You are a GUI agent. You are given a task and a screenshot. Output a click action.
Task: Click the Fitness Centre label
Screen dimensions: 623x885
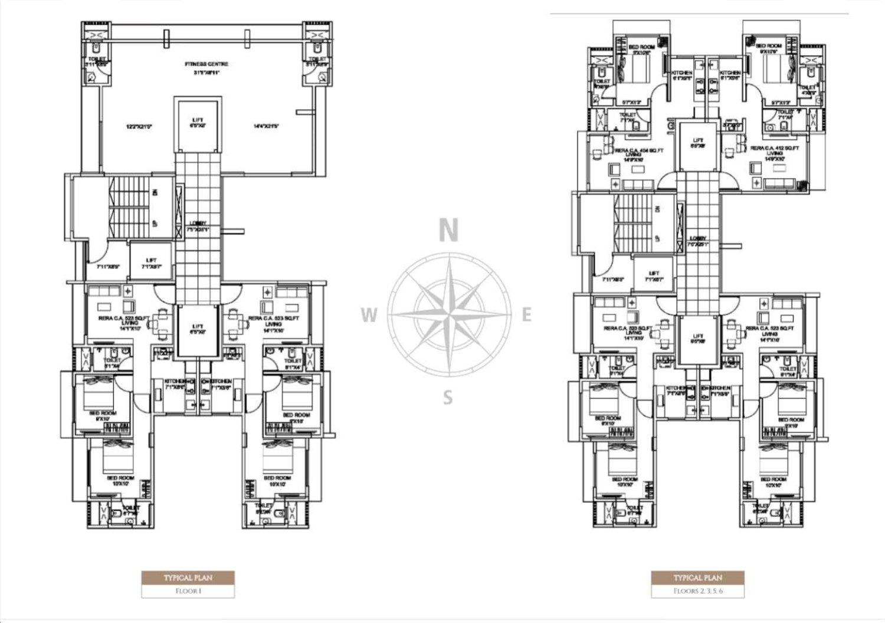tap(206, 64)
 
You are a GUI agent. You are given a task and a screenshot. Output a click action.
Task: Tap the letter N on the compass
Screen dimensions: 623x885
tap(448, 231)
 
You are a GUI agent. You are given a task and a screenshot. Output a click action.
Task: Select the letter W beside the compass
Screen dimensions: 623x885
tap(369, 315)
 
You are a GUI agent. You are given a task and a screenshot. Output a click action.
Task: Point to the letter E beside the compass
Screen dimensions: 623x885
tap(527, 315)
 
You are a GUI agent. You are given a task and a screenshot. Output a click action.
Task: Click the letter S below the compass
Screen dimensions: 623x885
tap(448, 398)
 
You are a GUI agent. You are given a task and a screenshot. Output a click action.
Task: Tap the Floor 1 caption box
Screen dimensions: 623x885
tap(188, 591)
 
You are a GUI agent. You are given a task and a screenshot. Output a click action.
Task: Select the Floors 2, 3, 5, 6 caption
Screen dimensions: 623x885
tap(697, 591)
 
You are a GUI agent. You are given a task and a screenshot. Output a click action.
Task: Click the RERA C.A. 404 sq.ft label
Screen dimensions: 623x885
tap(639, 151)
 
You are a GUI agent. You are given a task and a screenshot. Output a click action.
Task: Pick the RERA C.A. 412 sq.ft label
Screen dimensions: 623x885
tap(775, 149)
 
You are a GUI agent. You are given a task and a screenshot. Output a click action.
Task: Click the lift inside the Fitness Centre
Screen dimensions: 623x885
tap(198, 123)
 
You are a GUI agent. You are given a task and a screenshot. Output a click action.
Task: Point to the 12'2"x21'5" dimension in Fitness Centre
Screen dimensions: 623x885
tap(139, 126)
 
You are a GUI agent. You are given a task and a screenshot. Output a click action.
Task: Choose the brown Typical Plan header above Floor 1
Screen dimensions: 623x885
tap(188, 578)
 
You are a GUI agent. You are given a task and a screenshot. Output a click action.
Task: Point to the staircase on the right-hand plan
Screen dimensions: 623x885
tap(634, 223)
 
